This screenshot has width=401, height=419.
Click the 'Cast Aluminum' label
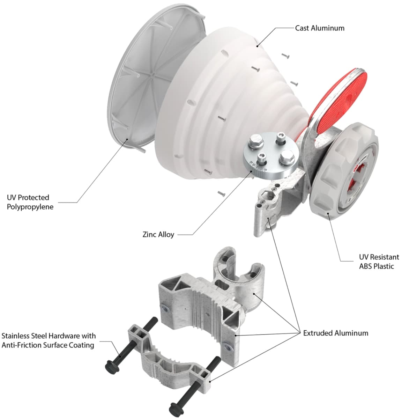pos(320,28)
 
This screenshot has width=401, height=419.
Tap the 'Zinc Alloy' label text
pos(158,235)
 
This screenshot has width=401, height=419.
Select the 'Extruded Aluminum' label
pos(336,333)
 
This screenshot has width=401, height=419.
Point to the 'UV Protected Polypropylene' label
pos(30,202)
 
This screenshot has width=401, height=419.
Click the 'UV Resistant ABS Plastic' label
pos(379,262)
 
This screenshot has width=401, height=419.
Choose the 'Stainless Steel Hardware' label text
pos(49,340)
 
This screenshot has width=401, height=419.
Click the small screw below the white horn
pos(222,193)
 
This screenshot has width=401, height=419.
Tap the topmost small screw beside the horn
pos(285,56)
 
